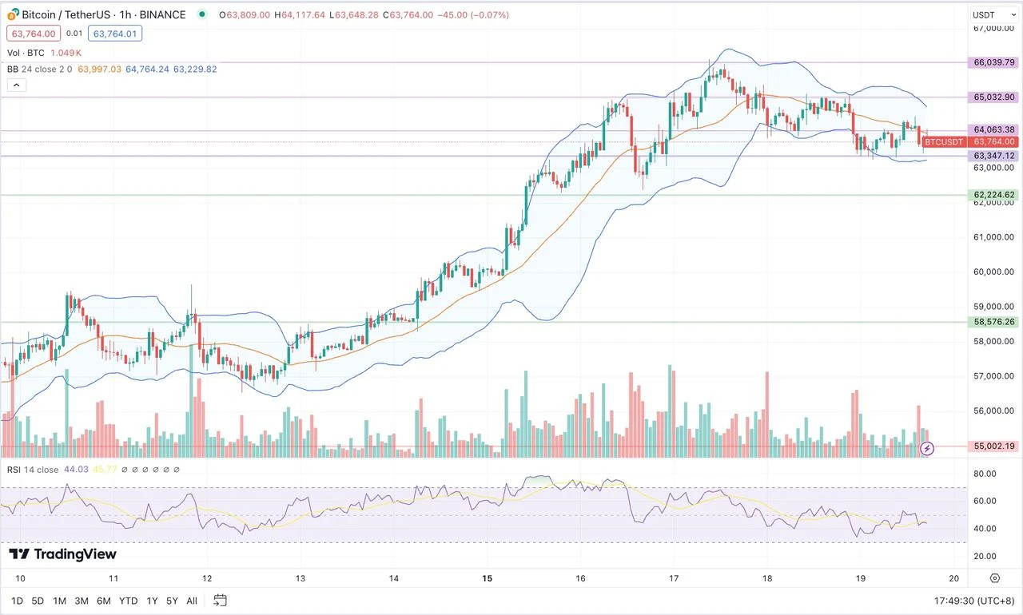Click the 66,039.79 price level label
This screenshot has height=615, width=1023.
993,62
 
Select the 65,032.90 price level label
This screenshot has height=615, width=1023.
993,97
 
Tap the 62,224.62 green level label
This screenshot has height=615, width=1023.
993,195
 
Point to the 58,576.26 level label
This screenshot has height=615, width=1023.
993,322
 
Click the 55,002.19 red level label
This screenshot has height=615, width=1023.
993,446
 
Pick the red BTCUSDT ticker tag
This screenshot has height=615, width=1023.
944,142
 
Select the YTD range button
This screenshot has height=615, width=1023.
128,601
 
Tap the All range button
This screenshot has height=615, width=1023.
192,601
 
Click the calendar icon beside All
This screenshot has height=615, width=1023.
221,601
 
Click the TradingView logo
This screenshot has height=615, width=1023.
62,554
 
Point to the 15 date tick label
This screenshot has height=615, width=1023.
487,578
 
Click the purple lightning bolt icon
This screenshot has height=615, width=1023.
927,448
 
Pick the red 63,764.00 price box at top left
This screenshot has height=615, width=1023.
32,34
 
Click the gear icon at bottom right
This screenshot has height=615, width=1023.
994,578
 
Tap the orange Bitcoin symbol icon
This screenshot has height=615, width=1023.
13,14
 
